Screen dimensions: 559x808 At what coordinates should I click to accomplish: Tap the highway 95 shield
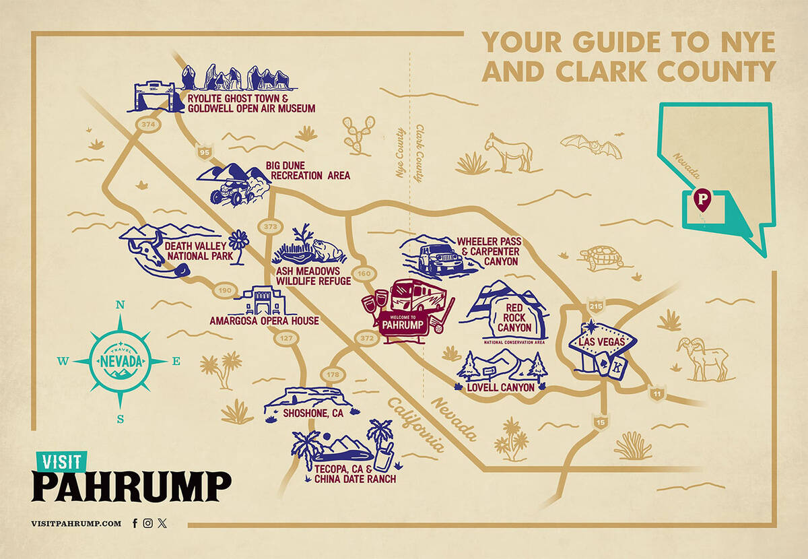point(203,153)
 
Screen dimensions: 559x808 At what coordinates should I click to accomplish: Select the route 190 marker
point(224,290)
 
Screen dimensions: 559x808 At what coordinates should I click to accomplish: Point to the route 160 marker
point(364,273)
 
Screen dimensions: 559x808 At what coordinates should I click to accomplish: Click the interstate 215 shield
point(596,306)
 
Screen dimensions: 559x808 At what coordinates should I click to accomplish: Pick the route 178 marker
point(332,374)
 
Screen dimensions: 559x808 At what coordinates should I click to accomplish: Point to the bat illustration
point(591,145)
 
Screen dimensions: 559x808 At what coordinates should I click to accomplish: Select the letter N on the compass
point(121,305)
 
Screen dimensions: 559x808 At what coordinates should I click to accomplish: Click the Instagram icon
point(148,523)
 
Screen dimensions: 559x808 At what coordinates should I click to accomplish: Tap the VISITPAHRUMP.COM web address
point(76,523)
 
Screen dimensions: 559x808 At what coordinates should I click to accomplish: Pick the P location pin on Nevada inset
point(702,199)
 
